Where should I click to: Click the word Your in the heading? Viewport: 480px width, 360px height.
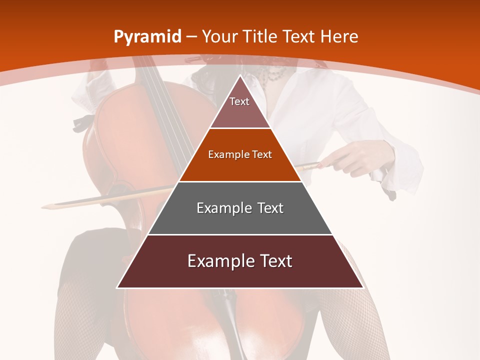[x=219, y=36]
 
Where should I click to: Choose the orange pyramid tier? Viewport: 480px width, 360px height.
[x=240, y=155]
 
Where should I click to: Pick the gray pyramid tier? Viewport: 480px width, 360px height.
[x=240, y=208]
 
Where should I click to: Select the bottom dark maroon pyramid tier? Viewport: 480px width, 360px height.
[x=240, y=261]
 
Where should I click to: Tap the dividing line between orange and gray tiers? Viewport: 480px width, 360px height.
[x=240, y=181]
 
